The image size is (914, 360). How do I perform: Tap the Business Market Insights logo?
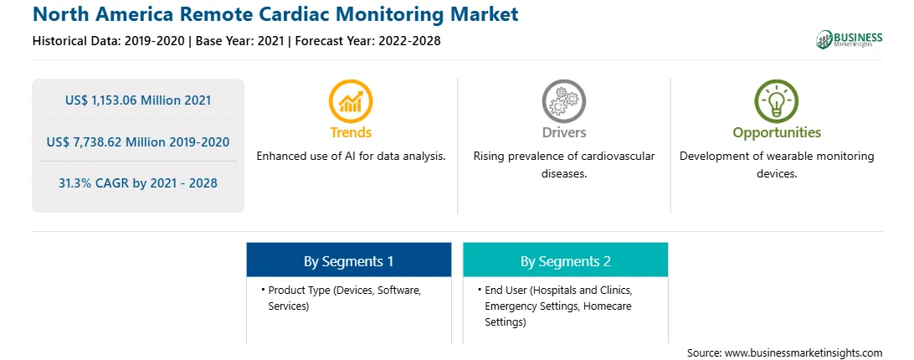pyautogui.click(x=849, y=39)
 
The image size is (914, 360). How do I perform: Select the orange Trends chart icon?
pyautogui.click(x=351, y=101)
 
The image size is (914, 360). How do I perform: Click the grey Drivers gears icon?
pyautogui.click(x=563, y=101)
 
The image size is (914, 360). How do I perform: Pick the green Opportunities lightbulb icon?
pyautogui.click(x=777, y=101)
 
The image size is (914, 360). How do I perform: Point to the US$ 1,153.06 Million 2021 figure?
pyautogui.click(x=138, y=100)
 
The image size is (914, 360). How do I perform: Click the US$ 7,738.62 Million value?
pyautogui.click(x=116, y=141)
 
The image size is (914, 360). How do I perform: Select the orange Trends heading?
pyautogui.click(x=351, y=132)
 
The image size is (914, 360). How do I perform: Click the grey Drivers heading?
pyautogui.click(x=563, y=132)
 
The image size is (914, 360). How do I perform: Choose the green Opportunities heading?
pyautogui.click(x=777, y=132)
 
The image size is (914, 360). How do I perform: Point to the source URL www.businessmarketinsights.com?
pyautogui.click(x=804, y=353)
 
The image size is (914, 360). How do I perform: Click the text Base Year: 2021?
pyautogui.click(x=239, y=41)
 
